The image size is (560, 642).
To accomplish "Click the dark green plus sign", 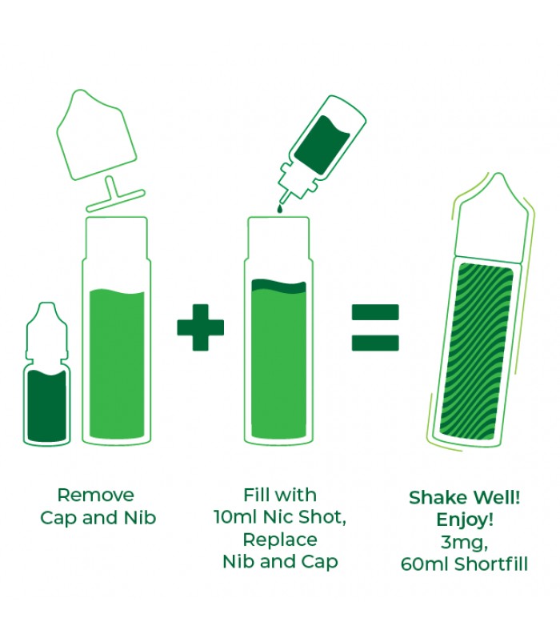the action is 201,327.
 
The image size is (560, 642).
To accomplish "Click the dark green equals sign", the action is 375,327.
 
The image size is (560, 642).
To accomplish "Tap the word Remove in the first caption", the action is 96,495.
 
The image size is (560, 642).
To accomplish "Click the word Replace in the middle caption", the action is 280,540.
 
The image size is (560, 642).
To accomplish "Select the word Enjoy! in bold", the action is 465,520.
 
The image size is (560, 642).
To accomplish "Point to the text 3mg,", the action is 464,543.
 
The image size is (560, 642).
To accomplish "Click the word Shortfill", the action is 491,564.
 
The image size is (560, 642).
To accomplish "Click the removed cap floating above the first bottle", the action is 96,134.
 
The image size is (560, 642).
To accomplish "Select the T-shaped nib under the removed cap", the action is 114,195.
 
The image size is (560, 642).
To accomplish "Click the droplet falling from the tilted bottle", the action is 279,208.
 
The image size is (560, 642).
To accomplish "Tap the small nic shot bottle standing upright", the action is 46,373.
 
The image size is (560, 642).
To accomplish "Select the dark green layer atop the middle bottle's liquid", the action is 278,286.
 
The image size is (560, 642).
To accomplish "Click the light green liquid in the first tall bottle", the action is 117,363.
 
